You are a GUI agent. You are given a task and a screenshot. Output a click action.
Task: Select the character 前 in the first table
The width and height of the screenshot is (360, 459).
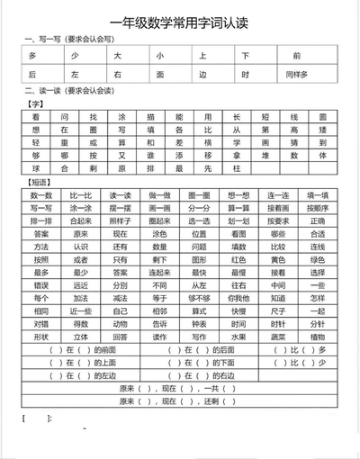(x=322, y=55)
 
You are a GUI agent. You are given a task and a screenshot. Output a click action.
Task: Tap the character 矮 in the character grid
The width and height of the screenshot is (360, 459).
(x=322, y=130)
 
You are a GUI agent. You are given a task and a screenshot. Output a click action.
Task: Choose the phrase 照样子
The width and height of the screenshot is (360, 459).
(x=121, y=220)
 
